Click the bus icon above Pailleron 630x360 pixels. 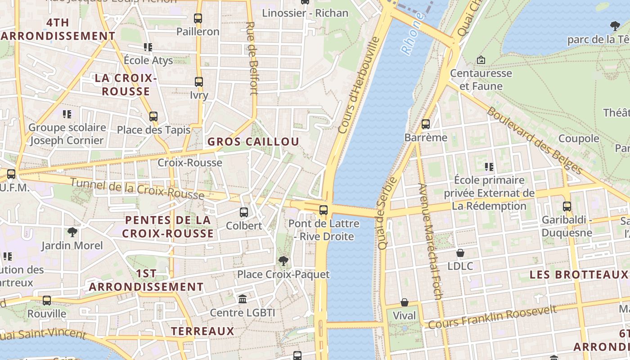[198, 18]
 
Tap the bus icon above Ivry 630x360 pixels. [198, 82]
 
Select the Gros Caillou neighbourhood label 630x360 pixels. [253, 142]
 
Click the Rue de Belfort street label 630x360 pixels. [252, 58]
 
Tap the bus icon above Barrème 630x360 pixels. [426, 124]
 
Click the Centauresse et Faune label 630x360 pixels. [481, 79]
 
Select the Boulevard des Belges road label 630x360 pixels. [535, 140]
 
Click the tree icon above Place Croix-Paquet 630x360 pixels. [283, 261]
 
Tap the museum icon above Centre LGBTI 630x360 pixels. [243, 299]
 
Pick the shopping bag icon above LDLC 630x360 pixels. [460, 253]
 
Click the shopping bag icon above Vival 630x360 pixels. [404, 302]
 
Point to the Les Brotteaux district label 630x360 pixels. [578, 274]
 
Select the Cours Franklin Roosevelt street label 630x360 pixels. [492, 317]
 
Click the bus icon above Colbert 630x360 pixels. [243, 212]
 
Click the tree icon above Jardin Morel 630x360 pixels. [72, 232]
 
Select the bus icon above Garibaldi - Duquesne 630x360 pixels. [567, 207]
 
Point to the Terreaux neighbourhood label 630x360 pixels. [202, 332]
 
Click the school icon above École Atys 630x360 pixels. [148, 47]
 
